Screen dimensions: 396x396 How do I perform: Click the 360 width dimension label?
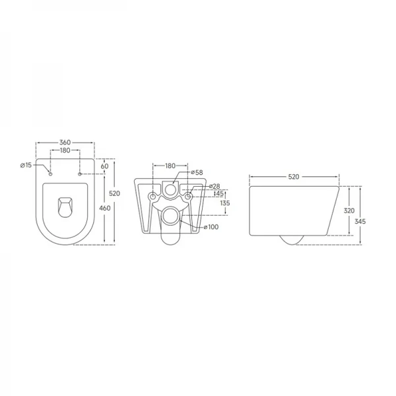(x=65, y=142)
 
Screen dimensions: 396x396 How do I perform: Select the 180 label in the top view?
(x=65, y=150)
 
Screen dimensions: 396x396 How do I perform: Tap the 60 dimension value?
(x=104, y=167)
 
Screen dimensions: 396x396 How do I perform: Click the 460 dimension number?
(x=104, y=208)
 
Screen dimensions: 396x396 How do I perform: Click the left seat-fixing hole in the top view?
(x=50, y=174)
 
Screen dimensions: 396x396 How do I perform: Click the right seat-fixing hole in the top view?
(x=79, y=174)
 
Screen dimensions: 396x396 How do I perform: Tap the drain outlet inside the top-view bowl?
(x=65, y=206)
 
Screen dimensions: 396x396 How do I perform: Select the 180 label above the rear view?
(x=169, y=166)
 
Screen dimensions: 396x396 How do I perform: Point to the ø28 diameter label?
(x=214, y=186)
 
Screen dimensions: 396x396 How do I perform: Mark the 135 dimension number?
(x=225, y=204)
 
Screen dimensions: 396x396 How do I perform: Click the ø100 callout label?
(x=211, y=228)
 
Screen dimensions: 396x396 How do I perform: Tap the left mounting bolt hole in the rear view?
(x=153, y=197)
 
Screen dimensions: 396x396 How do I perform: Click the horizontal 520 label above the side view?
(x=294, y=177)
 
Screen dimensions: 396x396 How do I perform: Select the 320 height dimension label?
(x=350, y=212)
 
